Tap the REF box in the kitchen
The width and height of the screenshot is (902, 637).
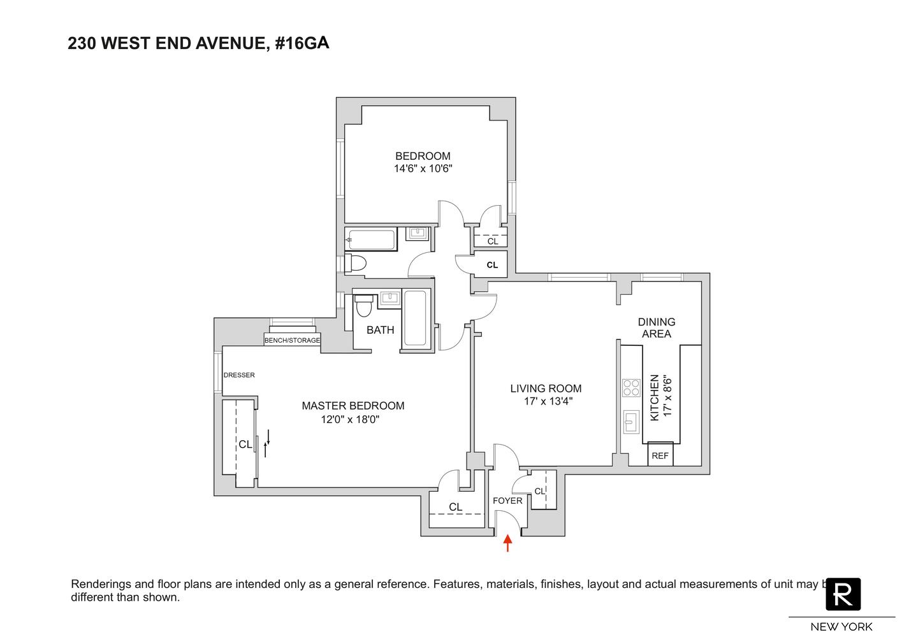coord(660,455)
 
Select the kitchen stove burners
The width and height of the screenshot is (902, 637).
coord(631,388)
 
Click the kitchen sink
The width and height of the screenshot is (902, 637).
coord(631,422)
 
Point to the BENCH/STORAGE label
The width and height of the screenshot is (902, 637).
coord(292,341)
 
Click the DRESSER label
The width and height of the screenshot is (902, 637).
coord(239,375)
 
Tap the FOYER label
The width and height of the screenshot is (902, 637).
coord(507,501)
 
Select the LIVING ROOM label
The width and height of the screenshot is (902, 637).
coord(546,389)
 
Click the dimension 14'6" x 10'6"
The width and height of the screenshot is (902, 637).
coord(423,169)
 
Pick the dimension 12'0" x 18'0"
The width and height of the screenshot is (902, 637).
coord(353,420)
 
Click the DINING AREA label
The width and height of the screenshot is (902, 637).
coord(657,327)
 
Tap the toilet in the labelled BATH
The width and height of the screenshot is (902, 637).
coord(364,306)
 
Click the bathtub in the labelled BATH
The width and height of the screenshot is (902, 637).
coord(416,318)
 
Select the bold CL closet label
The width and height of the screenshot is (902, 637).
coord(492,265)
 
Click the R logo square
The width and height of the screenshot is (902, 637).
coord(843,594)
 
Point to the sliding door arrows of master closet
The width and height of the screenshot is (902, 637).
coord(267,443)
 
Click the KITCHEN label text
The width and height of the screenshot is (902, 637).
coord(654,397)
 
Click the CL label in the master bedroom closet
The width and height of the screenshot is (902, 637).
coord(245,445)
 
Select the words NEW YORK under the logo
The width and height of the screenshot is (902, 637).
coord(841,627)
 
